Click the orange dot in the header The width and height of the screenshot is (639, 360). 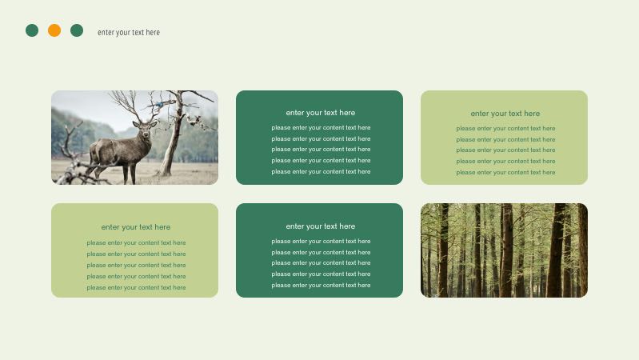pos(54,30)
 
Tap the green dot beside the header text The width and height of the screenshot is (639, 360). pos(77,30)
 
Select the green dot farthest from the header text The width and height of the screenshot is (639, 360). pos(32,30)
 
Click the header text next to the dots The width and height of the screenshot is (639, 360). pos(129,33)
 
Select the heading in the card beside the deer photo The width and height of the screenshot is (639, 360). pos(320,113)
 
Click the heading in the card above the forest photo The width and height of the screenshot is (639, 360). pos(505,114)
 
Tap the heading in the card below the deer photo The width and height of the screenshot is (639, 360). pos(135,227)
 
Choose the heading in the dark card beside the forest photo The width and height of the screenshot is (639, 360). pos(320,226)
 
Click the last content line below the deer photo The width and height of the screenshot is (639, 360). pos(136,287)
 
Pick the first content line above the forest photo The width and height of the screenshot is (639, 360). pos(505,128)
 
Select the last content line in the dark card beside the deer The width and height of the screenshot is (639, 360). pos(321,171)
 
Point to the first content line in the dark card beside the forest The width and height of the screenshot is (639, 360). pos(321,241)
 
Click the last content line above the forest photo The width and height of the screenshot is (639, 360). pos(505,172)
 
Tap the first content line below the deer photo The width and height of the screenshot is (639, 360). pos(136,242)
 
